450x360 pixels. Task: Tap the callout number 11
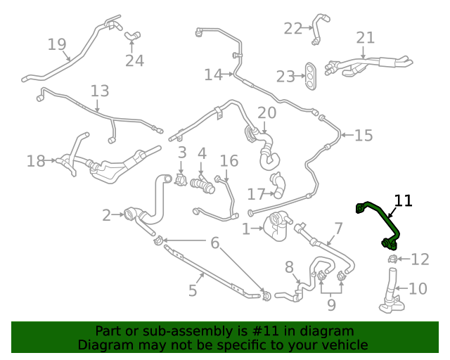point(403,200)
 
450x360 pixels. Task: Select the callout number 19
point(57,45)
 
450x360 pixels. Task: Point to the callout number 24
point(134,61)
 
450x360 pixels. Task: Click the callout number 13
point(100,91)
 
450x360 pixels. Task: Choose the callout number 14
point(213,75)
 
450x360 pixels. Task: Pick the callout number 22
point(292,28)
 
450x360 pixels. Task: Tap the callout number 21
point(366,37)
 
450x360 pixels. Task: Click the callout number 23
point(285,77)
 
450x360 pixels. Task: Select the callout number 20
point(267,112)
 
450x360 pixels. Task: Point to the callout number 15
point(364,135)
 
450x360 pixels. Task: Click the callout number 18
point(36,162)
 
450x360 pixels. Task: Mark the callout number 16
point(229,162)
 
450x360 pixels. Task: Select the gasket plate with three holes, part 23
point(310,76)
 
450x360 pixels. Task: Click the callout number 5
point(193,290)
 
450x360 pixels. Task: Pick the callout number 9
point(330,305)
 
